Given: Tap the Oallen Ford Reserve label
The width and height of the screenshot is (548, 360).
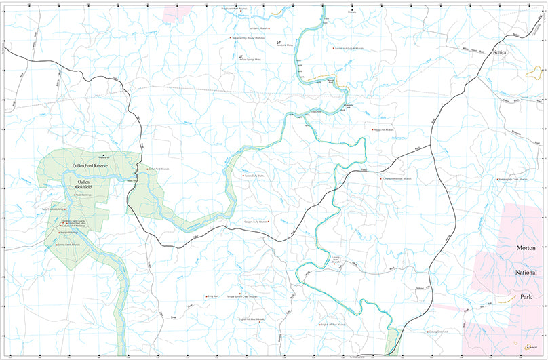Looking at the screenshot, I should (x=91, y=165).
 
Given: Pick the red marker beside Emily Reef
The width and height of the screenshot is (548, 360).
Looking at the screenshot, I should (x=206, y=296).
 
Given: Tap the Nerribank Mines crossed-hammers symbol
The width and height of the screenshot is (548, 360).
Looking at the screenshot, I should (x=279, y=43).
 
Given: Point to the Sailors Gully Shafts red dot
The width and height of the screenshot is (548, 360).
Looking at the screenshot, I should (x=243, y=176).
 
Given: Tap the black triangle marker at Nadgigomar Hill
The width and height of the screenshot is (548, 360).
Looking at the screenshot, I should (x=104, y=156).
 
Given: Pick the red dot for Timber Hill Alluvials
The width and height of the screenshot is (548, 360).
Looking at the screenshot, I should (x=372, y=129).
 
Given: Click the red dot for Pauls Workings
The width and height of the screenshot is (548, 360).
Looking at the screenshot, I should (x=74, y=195).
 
